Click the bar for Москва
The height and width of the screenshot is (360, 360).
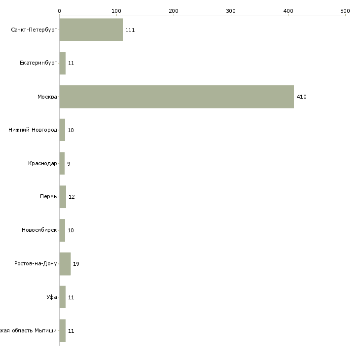[177, 97]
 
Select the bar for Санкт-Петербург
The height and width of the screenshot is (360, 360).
[91, 30]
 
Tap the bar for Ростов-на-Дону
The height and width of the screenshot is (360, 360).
[65, 264]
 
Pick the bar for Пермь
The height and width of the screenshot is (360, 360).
[63, 197]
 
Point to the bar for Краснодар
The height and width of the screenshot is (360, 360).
[62, 163]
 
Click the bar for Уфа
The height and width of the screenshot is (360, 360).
[62, 297]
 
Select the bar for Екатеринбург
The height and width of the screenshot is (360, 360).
[62, 63]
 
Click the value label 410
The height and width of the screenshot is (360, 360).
[301, 97]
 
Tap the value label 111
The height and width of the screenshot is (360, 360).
[130, 30]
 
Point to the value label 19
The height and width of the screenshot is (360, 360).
[76, 264]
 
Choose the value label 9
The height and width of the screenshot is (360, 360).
[69, 163]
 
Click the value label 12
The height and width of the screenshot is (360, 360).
[72, 197]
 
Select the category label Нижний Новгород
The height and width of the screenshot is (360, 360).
[33, 130]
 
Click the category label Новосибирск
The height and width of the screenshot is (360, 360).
[39, 230]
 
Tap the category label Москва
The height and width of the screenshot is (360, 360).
[47, 97]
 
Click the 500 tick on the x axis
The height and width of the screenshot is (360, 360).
[345, 10]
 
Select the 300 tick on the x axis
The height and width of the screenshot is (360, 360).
[231, 10]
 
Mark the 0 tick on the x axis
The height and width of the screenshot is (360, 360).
[59, 10]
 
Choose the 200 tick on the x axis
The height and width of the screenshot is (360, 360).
[174, 10]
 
